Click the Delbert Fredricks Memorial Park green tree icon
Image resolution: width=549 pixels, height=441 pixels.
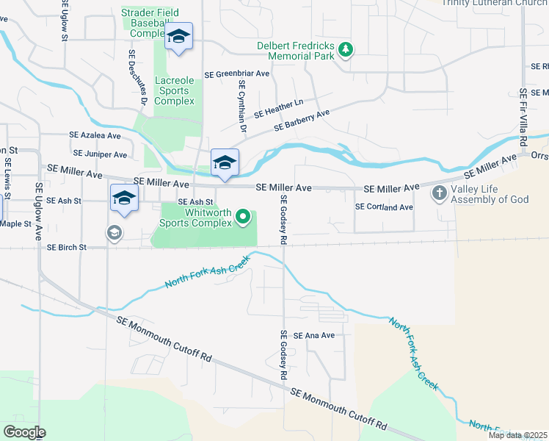[346, 50]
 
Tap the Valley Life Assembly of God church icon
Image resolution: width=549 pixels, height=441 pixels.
[439, 194]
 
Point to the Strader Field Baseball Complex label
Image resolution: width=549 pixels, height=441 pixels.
[147, 24]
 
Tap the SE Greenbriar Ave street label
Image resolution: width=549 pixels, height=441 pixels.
[237, 74]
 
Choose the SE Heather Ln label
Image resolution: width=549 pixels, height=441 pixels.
[278, 110]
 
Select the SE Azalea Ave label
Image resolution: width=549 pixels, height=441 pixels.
[95, 136]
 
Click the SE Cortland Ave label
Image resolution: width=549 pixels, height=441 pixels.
[384, 207]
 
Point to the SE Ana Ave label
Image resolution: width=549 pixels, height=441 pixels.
[314, 335]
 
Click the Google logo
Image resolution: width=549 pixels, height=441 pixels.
[23, 432]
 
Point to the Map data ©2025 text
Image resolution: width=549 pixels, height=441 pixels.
[517, 435]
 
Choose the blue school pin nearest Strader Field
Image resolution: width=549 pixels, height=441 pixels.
[178, 37]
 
